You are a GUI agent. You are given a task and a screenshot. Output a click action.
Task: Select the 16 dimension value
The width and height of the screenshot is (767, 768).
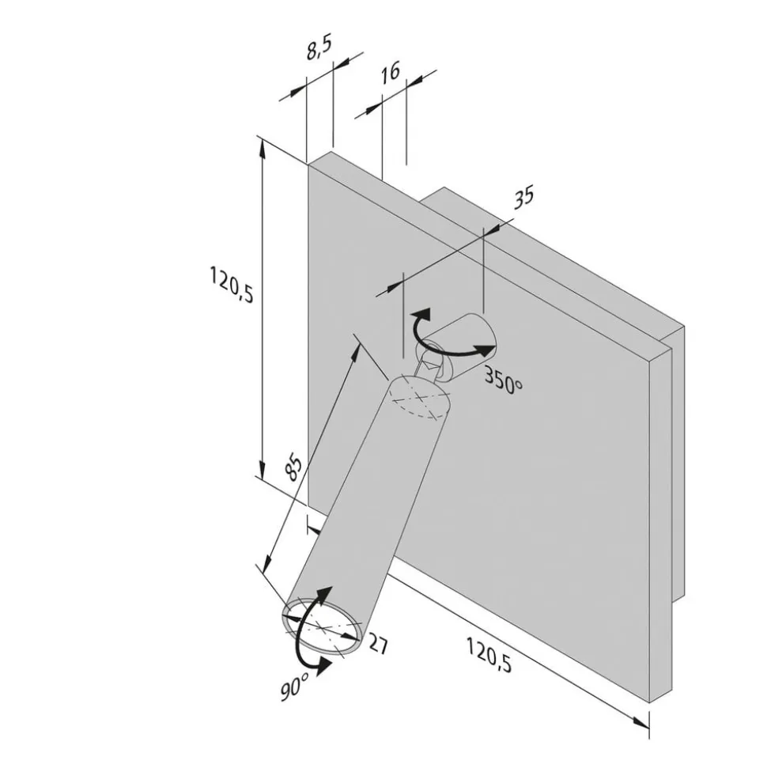391,73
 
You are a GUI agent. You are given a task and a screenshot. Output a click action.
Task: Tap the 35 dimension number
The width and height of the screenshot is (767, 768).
523,197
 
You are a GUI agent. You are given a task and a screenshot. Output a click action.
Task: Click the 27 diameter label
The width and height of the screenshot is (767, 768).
378,644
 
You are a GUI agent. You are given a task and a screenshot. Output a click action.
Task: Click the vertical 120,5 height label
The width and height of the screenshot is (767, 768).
231,284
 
